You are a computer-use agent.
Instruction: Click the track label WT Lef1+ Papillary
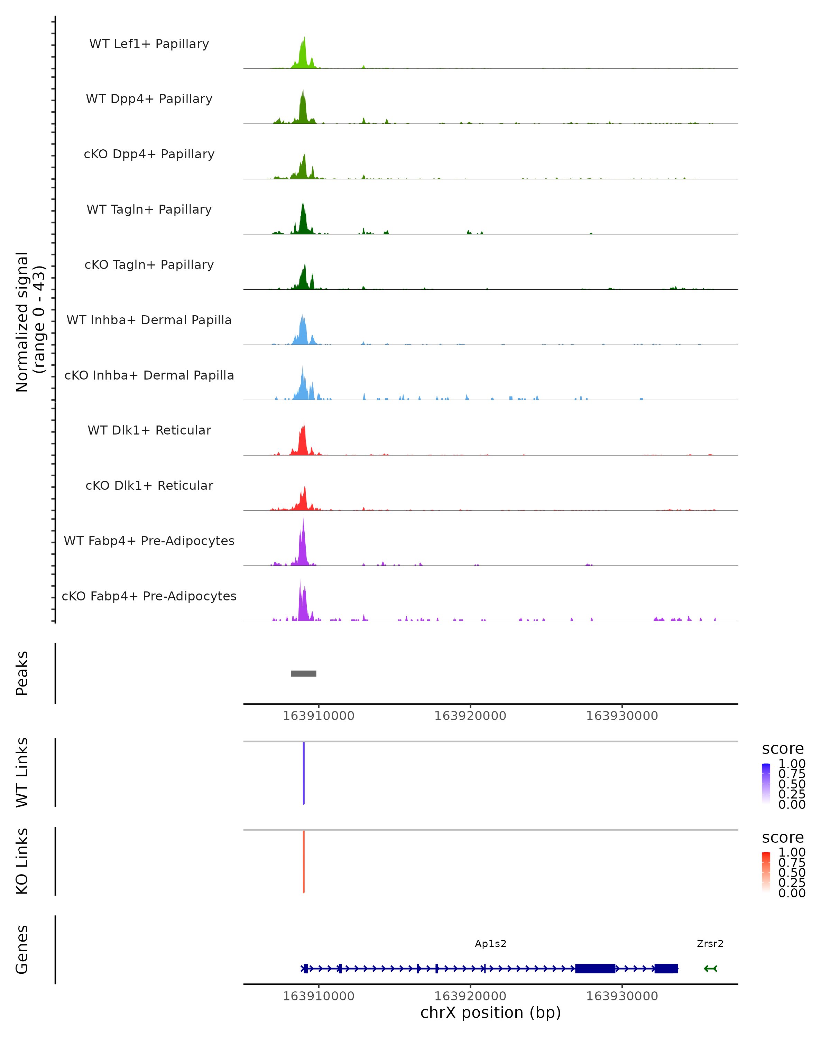click(149, 44)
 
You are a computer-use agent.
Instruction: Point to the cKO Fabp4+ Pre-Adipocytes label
click(149, 596)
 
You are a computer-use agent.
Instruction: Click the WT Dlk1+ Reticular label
click(149, 430)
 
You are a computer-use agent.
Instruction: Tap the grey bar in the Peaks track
click(304, 673)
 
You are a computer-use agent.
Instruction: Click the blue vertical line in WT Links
click(304, 773)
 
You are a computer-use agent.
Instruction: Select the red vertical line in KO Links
click(304, 861)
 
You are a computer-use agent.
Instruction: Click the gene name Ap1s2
click(490, 944)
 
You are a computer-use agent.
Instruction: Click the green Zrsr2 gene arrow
click(710, 968)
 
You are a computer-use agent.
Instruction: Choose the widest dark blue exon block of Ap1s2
click(595, 968)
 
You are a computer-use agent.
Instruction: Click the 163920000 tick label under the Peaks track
click(470, 716)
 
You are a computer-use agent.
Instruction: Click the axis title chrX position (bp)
click(490, 1012)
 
